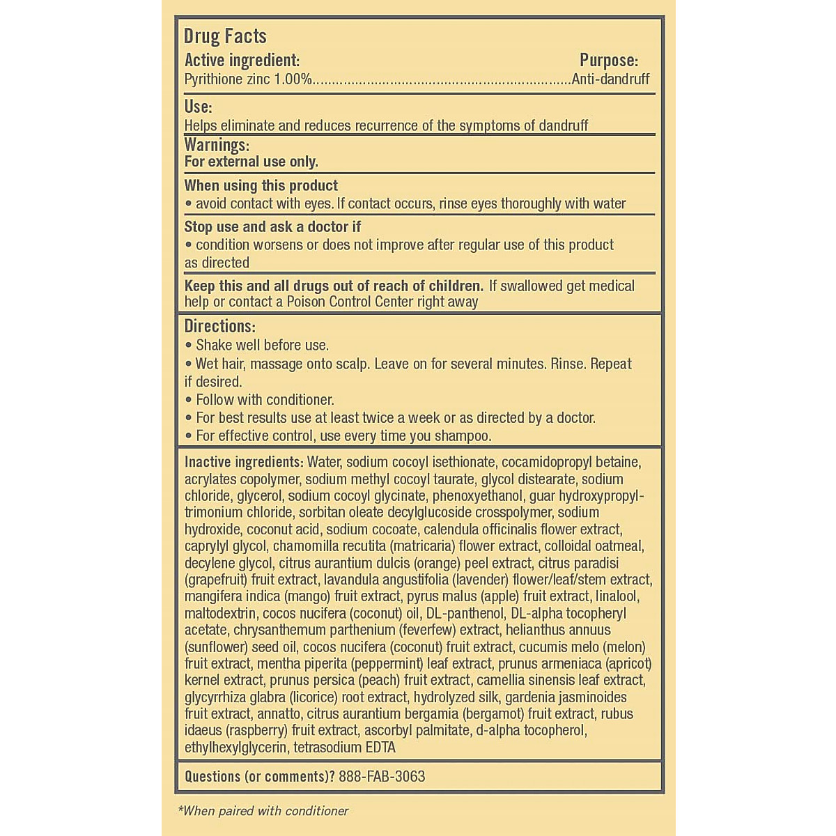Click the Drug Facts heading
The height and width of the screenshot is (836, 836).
225,36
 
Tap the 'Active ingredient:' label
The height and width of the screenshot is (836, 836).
242,61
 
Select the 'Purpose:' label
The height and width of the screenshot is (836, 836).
608,61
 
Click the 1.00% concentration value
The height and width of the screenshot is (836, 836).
293,79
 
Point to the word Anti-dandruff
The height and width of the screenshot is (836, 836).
610,79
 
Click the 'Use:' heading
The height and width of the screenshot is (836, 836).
198,107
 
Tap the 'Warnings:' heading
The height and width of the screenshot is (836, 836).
217,145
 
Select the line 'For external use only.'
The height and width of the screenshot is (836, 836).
251,162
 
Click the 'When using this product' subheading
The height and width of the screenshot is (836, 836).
261,185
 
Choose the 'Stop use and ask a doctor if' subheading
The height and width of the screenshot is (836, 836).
272,226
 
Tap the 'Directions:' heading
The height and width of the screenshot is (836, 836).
219,326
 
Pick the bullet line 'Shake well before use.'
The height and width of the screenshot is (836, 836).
262,346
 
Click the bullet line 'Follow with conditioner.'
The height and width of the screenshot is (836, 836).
265,400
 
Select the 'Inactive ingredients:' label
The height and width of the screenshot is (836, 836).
243,462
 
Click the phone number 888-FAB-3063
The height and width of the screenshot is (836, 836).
382,776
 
